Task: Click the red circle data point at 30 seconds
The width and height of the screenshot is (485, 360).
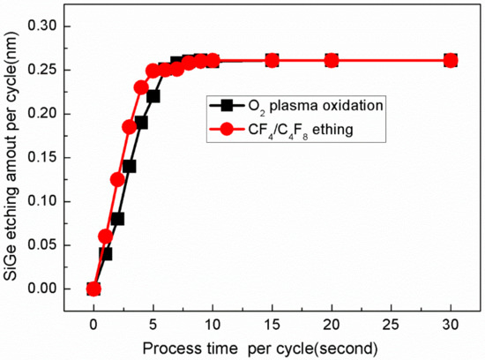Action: click(x=451, y=61)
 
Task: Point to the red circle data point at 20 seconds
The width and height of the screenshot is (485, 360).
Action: click(x=332, y=61)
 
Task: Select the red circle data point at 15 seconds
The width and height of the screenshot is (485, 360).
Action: click(x=272, y=61)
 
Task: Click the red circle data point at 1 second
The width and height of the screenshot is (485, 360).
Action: click(x=106, y=236)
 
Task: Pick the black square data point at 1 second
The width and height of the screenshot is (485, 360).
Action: click(x=106, y=253)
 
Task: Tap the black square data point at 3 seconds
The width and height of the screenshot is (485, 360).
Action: click(x=130, y=166)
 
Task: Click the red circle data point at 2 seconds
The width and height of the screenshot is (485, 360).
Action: click(x=117, y=180)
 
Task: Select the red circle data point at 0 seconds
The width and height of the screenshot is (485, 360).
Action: click(x=93, y=289)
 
